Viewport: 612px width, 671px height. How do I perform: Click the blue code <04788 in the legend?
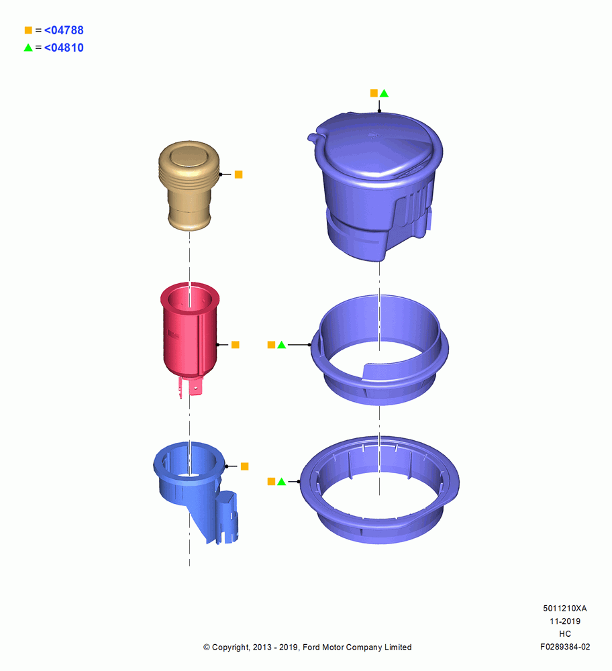tap(64, 30)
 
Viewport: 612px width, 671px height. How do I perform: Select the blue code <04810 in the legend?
tap(64, 48)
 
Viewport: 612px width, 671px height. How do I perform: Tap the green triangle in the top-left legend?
tap(28, 48)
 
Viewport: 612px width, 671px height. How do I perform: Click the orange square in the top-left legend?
tap(28, 30)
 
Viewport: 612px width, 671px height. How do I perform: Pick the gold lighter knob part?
tap(189, 186)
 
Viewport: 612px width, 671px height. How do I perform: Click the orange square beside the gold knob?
tap(239, 174)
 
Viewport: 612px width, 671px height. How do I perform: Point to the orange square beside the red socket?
tap(236, 345)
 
